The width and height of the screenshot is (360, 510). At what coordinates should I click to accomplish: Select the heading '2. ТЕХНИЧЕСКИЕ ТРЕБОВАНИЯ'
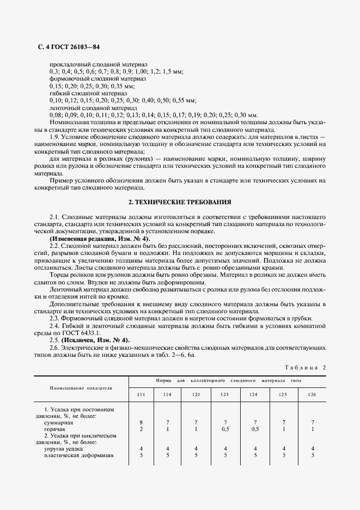click(179, 202)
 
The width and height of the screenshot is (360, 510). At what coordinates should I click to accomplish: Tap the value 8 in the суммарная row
click(141, 422)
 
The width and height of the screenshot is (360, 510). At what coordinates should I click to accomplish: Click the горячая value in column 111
click(141, 429)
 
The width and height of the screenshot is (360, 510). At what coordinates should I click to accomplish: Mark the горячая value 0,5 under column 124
click(255, 429)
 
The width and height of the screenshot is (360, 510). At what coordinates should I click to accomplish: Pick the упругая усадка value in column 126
click(312, 449)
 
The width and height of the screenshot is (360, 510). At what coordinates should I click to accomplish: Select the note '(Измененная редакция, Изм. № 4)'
click(100, 239)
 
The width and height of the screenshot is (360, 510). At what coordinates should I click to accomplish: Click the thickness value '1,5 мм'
click(174, 71)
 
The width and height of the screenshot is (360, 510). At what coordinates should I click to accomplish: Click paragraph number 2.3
click(55, 318)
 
